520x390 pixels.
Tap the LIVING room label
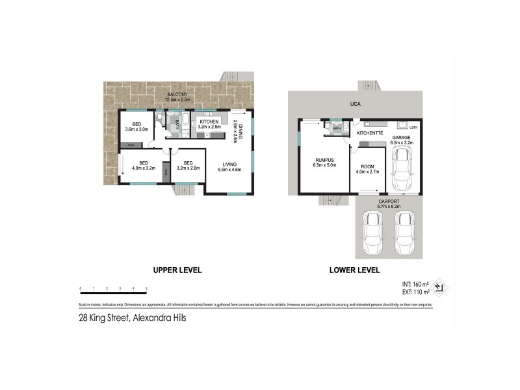click(x=229, y=164)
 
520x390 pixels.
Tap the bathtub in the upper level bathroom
click(x=185, y=120)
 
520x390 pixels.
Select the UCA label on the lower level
click(x=355, y=104)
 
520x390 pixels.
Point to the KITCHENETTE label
click(x=370, y=133)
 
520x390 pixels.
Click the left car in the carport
click(x=374, y=234)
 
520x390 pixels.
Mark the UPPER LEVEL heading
click(x=177, y=270)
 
